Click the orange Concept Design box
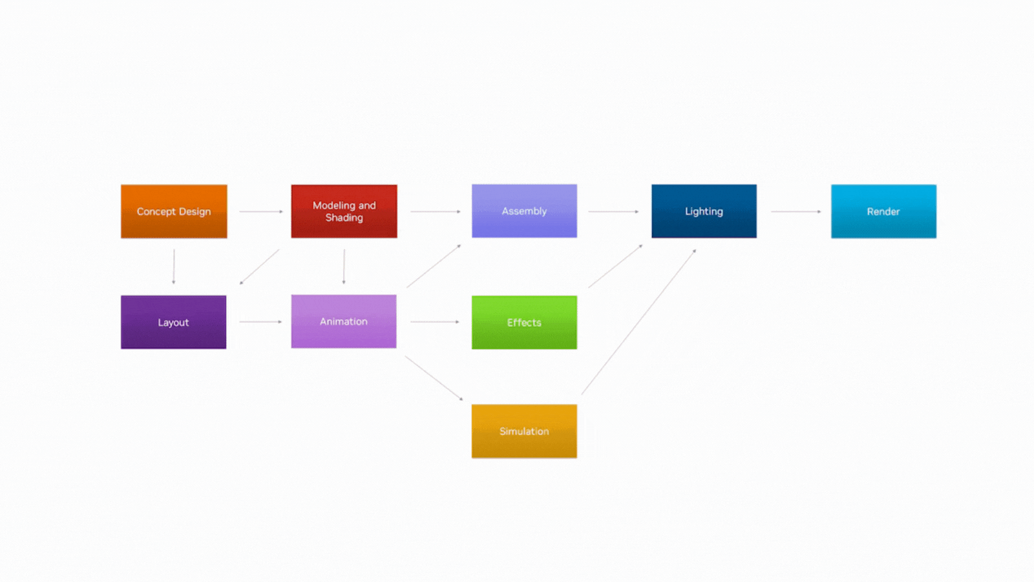(x=174, y=211)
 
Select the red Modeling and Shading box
(x=344, y=211)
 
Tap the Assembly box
(x=524, y=211)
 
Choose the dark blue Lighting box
(x=704, y=211)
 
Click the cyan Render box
(x=883, y=211)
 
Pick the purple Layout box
(x=174, y=323)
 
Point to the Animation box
(x=344, y=321)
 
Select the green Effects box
(x=524, y=323)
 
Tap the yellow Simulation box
(x=524, y=431)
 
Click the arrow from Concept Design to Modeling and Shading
(x=261, y=211)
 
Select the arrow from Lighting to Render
(x=796, y=211)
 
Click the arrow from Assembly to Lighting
(x=613, y=211)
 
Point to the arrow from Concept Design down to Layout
(x=174, y=266)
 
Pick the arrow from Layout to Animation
(x=261, y=321)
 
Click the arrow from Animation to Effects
(x=435, y=321)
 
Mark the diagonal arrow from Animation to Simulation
(x=434, y=378)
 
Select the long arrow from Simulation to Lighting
(x=639, y=322)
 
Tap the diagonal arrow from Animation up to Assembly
(x=434, y=266)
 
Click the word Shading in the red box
(x=344, y=218)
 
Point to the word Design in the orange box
(x=195, y=212)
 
